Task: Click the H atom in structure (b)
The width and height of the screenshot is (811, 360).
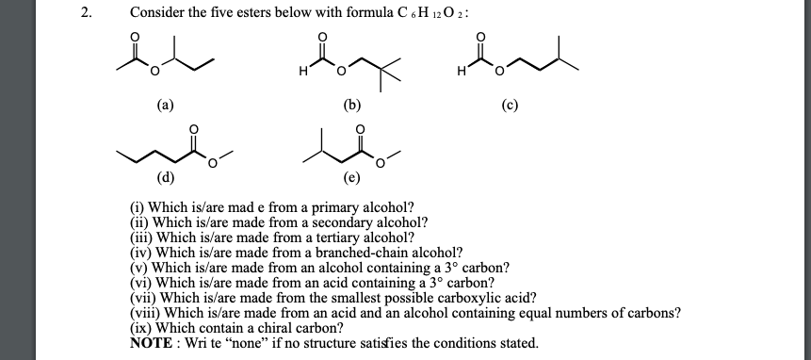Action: (x=301, y=72)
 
